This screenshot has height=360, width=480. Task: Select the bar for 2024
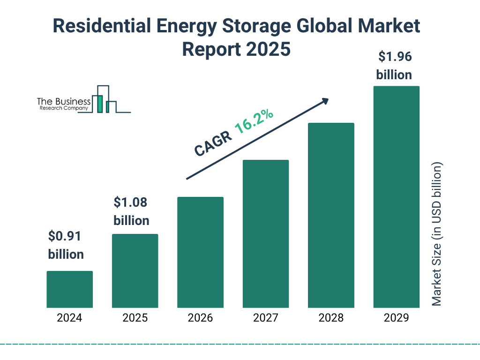(x=69, y=289)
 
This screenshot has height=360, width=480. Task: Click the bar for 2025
(x=135, y=271)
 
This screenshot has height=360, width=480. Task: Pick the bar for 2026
(x=200, y=252)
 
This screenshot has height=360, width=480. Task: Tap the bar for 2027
(x=265, y=234)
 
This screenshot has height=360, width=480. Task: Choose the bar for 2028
(x=331, y=215)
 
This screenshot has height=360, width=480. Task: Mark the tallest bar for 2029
(x=396, y=197)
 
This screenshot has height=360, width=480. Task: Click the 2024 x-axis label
(x=69, y=318)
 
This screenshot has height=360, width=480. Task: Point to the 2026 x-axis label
(x=200, y=318)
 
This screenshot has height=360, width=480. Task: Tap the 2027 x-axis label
(x=265, y=318)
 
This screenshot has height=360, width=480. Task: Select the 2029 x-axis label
(x=396, y=318)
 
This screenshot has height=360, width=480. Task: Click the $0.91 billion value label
(x=66, y=245)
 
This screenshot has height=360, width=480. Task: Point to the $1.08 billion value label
(x=131, y=211)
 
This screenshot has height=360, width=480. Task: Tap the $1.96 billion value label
(x=394, y=66)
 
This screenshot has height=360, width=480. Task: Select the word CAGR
(x=212, y=143)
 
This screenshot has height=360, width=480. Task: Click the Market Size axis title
(x=437, y=234)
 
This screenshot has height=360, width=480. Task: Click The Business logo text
(x=64, y=102)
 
